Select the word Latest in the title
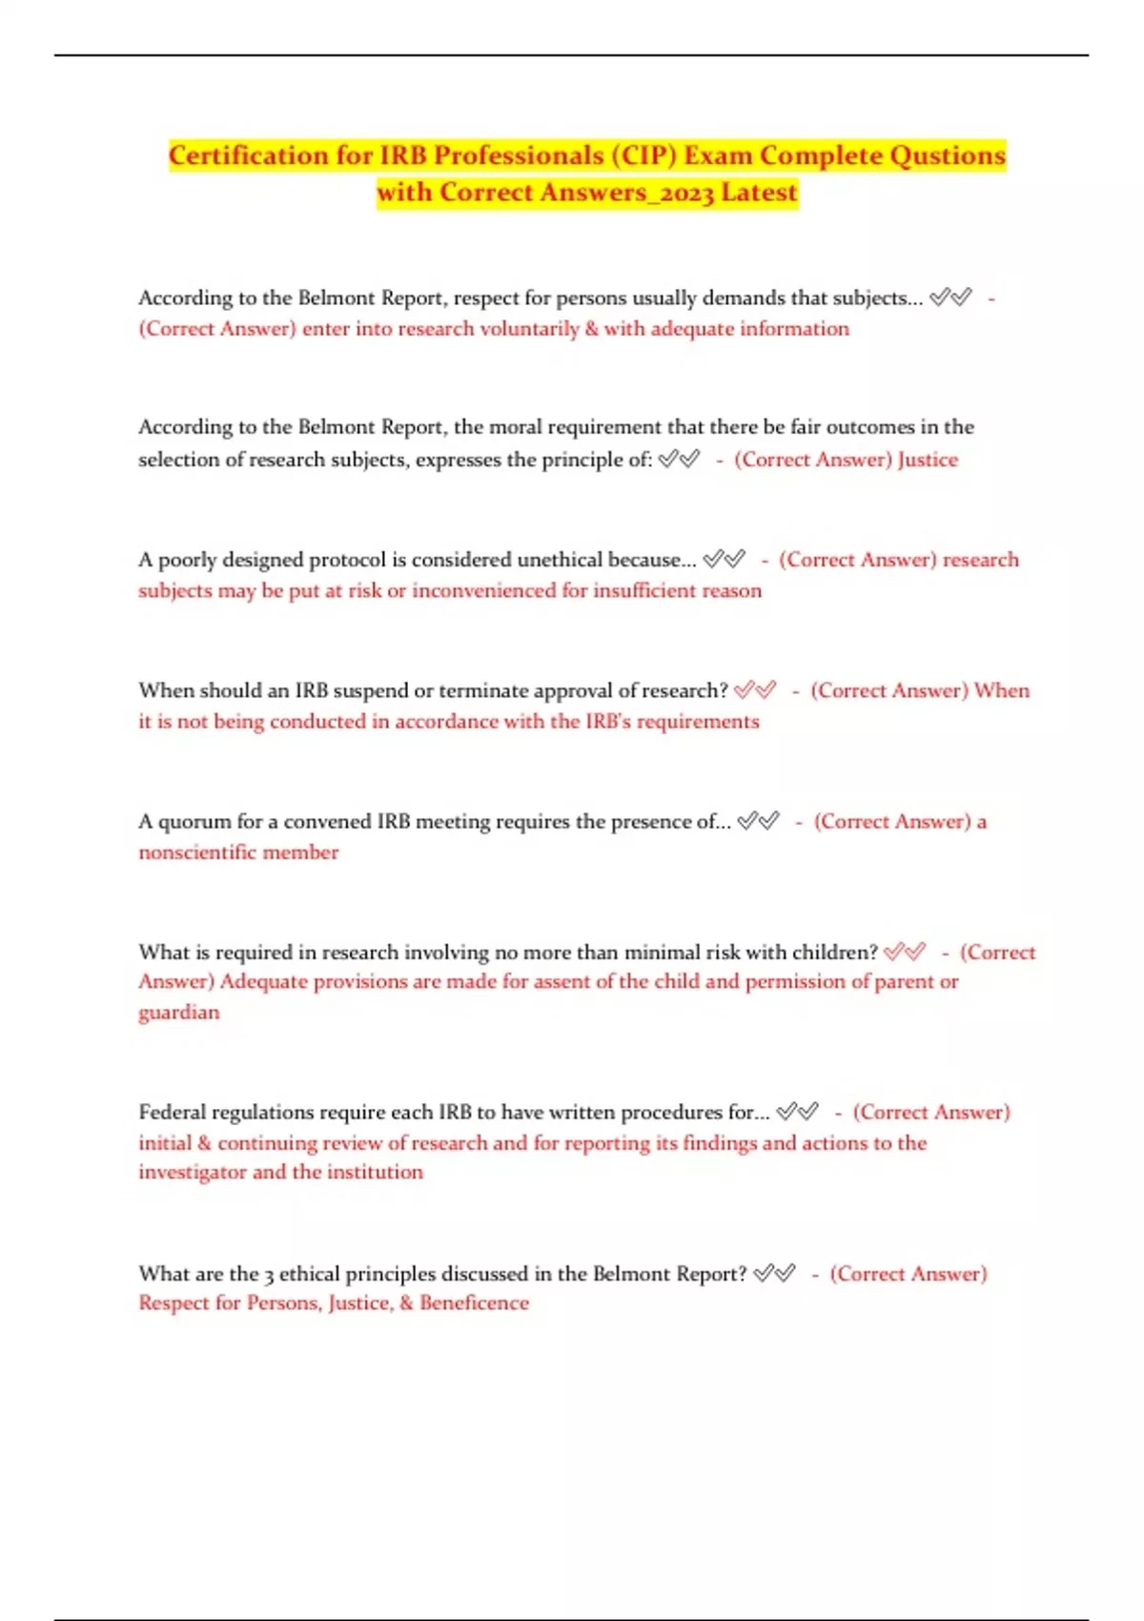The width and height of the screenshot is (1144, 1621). click(759, 193)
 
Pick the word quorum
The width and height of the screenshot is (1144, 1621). click(194, 822)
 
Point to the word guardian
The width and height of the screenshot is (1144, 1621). click(178, 1013)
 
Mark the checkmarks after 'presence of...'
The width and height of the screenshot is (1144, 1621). click(759, 821)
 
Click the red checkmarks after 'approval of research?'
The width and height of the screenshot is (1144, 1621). click(755, 689)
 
